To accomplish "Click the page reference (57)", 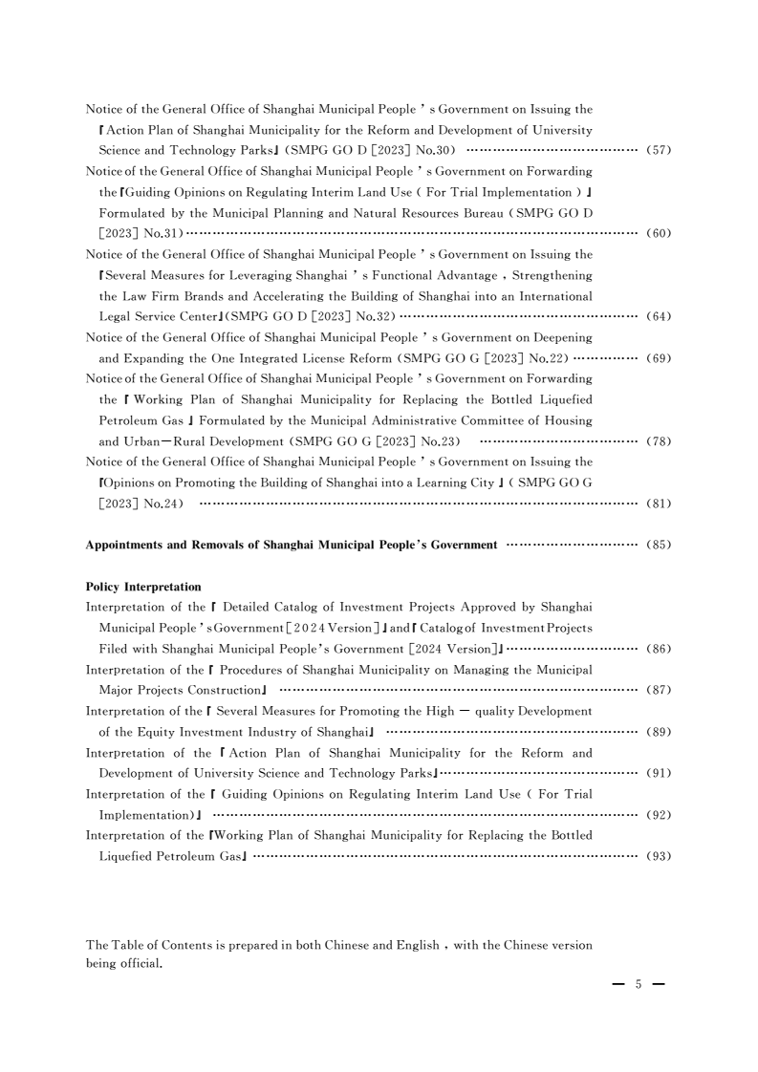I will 660,151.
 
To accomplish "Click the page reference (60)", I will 660,233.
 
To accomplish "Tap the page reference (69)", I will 660,358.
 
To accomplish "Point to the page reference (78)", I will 660,440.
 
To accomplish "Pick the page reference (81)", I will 660,503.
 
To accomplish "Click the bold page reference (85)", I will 660,546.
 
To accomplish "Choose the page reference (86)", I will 660,649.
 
